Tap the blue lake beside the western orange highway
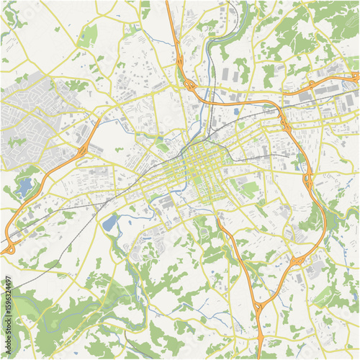[26, 188]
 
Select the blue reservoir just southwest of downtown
[110, 222]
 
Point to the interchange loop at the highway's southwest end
[9, 248]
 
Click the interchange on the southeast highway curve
[297, 260]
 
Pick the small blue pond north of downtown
[235, 112]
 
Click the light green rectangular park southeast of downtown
[250, 189]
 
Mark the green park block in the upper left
[88, 36]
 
